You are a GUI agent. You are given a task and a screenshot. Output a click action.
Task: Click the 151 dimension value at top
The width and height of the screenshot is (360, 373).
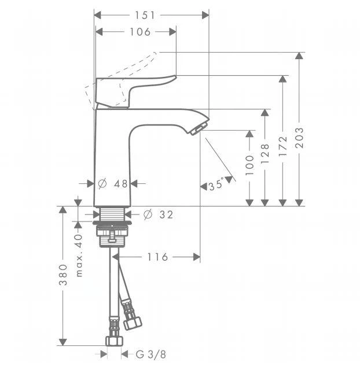[x=145, y=16]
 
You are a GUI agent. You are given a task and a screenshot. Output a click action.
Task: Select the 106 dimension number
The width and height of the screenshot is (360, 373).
[x=140, y=32]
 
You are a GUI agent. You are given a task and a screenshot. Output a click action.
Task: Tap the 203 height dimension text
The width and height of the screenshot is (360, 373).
[x=299, y=138]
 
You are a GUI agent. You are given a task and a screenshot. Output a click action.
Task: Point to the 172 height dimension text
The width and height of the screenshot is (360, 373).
[x=283, y=146]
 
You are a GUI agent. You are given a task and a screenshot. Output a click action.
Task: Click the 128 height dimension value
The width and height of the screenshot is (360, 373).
[x=265, y=153]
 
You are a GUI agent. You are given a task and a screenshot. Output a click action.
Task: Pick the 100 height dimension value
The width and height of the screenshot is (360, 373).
[x=249, y=165]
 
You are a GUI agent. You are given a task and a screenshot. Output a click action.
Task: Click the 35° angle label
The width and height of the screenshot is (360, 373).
[x=216, y=185]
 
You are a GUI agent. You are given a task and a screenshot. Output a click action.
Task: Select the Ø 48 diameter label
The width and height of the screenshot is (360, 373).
[x=113, y=184]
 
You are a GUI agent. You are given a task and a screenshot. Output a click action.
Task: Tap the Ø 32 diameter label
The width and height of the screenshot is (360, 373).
[x=159, y=215]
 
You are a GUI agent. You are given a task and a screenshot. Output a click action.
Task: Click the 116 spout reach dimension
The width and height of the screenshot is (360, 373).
[x=157, y=257]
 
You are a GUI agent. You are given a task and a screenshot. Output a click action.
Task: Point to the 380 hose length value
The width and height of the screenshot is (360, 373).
[x=63, y=275]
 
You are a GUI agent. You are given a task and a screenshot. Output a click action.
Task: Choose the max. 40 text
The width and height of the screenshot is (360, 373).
[x=79, y=255]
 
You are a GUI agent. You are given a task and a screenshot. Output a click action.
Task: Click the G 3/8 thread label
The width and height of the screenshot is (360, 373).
[x=150, y=354]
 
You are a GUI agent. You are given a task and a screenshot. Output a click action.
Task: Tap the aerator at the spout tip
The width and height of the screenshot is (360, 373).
[x=199, y=128]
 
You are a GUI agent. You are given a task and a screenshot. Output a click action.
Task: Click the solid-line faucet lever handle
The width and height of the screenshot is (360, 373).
[x=133, y=91]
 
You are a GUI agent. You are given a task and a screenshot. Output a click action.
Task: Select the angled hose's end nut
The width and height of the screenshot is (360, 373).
[x=133, y=323]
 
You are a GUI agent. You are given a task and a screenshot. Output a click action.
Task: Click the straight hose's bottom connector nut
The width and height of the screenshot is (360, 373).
[x=114, y=341]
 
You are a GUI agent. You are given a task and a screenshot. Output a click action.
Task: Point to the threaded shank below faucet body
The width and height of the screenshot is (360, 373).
[x=112, y=213]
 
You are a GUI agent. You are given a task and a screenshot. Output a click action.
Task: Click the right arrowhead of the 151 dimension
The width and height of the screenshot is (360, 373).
[x=205, y=16]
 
